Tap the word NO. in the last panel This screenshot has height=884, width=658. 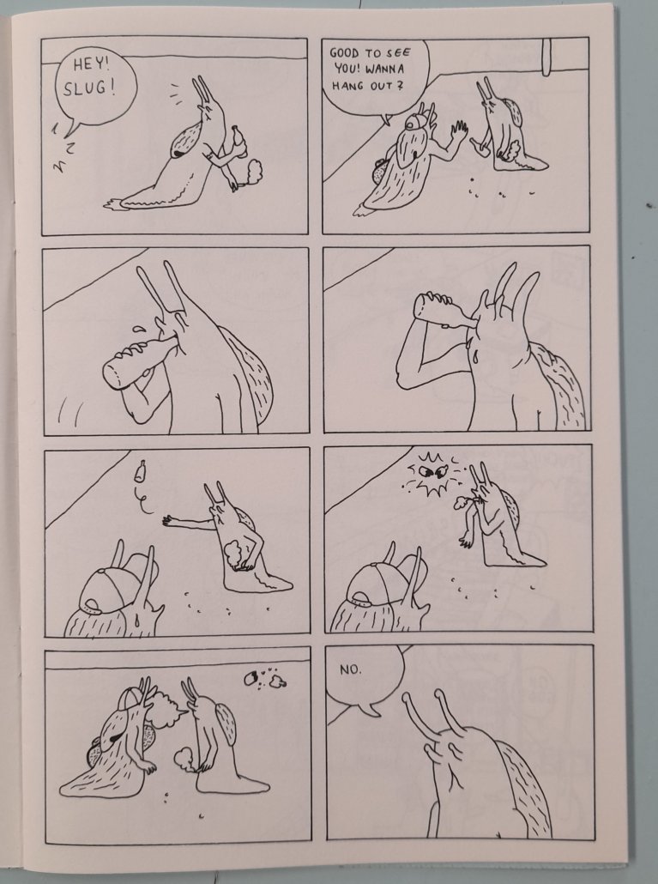[351, 669]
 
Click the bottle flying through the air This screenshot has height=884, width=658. [141, 471]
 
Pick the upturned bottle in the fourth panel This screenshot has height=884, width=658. [446, 312]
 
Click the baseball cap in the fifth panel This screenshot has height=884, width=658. [111, 587]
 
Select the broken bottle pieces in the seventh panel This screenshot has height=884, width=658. [265, 679]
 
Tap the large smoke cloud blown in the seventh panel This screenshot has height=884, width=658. [166, 709]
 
